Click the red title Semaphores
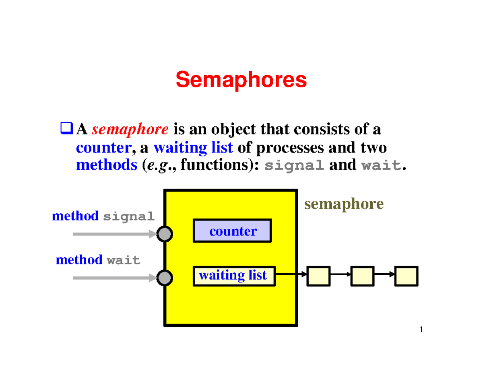point(241,80)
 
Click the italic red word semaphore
point(130,130)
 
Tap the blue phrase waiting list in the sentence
point(193,148)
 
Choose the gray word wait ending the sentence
point(381,166)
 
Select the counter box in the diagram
point(232,231)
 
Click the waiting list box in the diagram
point(234,276)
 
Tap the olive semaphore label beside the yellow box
point(344,204)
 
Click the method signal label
point(103,216)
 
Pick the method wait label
point(98,260)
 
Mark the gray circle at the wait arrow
point(164,278)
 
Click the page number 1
point(421,330)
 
